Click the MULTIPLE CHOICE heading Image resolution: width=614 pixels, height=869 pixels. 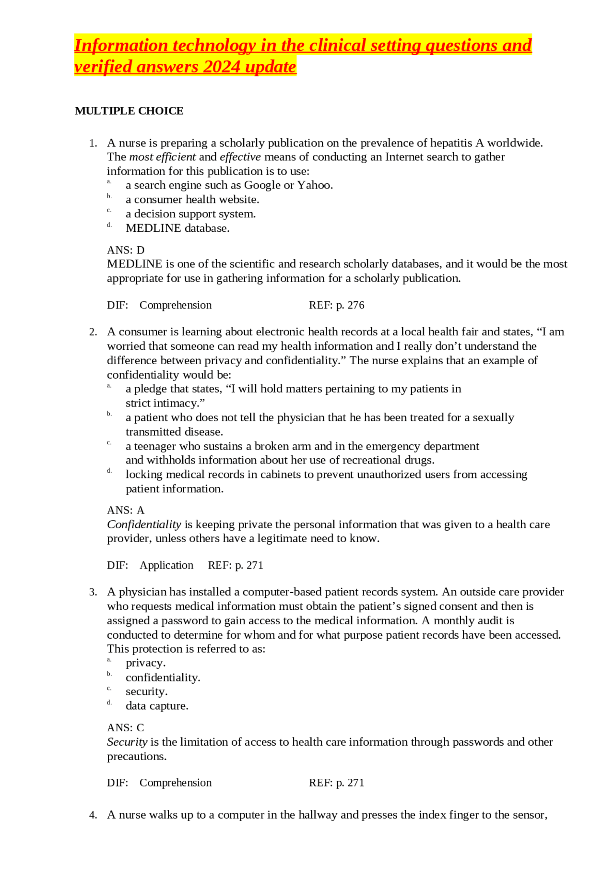pos(129,111)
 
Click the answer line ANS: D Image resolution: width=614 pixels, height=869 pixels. pos(126,250)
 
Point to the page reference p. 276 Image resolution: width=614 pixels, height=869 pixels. pos(350,305)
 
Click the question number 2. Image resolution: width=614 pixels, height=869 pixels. pos(93,332)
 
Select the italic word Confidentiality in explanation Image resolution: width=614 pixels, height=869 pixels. pos(144,524)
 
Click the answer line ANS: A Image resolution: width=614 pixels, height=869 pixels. pos(126,510)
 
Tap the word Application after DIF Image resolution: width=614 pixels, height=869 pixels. pos(166,565)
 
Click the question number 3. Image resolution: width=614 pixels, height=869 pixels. pos(93,592)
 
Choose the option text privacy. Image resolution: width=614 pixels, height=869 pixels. pos(145,663)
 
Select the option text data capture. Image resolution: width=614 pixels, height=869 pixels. pos(157,706)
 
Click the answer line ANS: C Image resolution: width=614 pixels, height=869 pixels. pos(126,727)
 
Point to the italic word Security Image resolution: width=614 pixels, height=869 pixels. pos(127,742)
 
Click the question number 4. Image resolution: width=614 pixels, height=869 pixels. pos(93,815)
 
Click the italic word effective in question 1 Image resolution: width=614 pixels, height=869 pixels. pos(240,157)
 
